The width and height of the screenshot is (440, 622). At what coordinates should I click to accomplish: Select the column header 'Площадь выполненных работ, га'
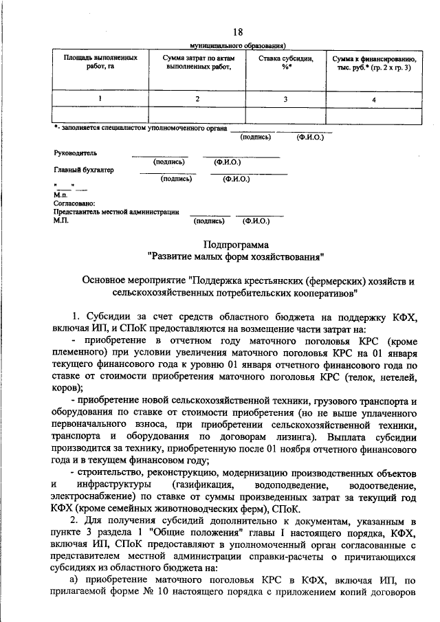(x=100, y=63)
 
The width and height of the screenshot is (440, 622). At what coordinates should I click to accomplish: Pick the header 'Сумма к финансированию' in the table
(x=373, y=63)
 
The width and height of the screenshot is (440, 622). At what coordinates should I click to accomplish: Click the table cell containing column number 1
(x=100, y=99)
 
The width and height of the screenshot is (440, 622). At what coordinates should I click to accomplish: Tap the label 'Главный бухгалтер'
(x=84, y=169)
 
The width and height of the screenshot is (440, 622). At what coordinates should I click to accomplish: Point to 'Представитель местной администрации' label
(x=116, y=212)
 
